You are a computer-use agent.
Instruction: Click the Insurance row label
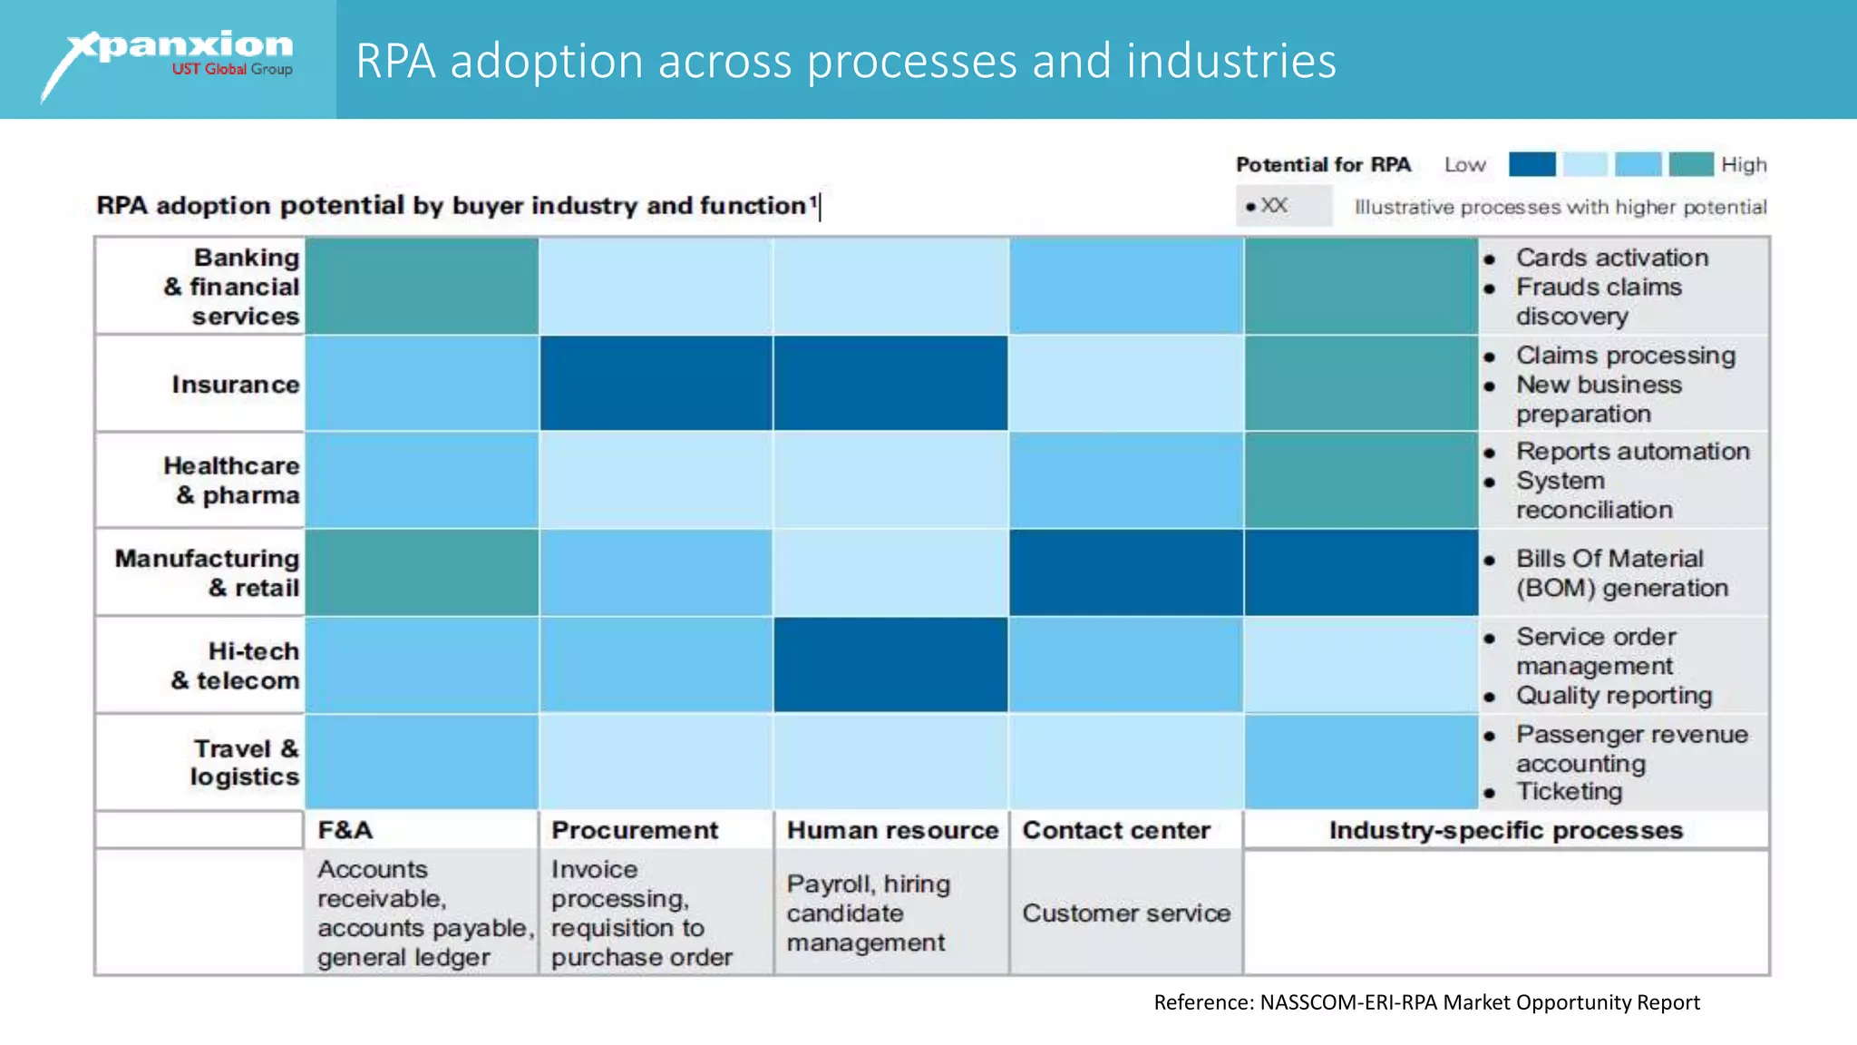(235, 385)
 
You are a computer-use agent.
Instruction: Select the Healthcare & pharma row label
(231, 480)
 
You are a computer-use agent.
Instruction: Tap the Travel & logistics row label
(244, 762)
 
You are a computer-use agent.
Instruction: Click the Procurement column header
(634, 830)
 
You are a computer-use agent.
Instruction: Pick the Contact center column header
(1116, 830)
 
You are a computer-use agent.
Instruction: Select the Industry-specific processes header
(1505, 830)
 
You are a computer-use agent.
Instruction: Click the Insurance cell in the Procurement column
(656, 383)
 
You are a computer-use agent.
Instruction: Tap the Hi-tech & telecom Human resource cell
(890, 665)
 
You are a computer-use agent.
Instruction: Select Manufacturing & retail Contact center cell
(1126, 572)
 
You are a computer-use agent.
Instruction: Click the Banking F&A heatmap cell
(422, 286)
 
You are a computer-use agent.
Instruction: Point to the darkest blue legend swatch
(1531, 164)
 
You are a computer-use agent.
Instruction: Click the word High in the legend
(1743, 165)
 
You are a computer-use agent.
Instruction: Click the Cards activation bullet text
(1611, 258)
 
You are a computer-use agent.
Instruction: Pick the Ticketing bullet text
(1569, 791)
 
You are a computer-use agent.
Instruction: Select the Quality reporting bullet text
(1613, 695)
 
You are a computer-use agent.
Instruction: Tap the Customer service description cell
(1126, 913)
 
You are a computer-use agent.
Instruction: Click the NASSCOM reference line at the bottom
(1425, 1002)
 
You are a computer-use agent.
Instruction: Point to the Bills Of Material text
(1609, 559)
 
